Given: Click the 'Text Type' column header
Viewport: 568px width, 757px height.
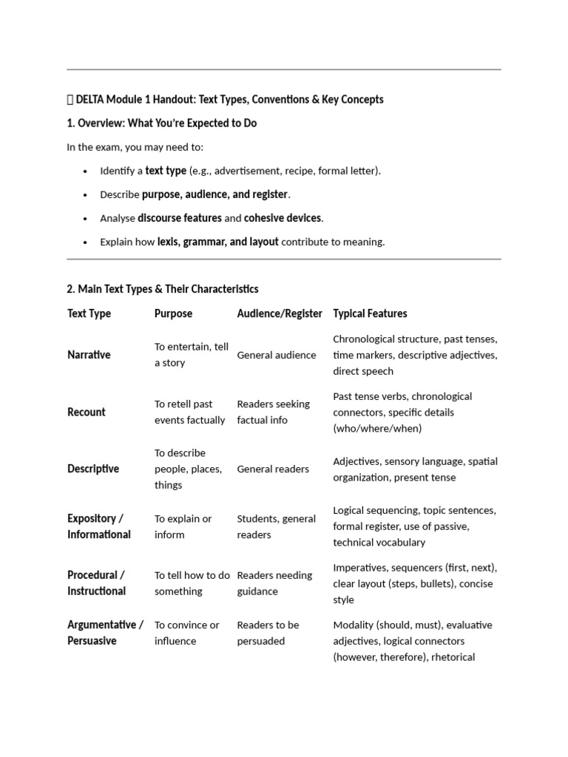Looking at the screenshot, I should tap(89, 313).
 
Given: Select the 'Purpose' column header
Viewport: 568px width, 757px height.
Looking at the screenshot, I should tap(173, 313).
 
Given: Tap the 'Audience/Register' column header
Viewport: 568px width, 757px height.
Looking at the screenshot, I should tap(280, 313).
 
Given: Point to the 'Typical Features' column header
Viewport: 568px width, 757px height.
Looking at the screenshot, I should tap(370, 313).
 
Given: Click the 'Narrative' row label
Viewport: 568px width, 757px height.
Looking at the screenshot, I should tap(89, 355).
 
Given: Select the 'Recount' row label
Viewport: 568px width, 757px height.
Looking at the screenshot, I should tap(87, 412).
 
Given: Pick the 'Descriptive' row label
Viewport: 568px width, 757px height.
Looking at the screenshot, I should tap(93, 469).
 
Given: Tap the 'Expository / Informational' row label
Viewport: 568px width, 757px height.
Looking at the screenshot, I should tap(99, 526).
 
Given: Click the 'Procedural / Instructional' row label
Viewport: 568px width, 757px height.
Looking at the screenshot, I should tap(97, 583).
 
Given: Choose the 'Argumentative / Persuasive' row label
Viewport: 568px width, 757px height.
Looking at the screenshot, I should tap(105, 633).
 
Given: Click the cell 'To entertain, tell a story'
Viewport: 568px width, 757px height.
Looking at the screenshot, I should tap(192, 355).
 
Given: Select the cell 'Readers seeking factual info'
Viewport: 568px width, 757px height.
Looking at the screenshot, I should tap(273, 412).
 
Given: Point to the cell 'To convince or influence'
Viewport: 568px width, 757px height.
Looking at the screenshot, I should tap(186, 633).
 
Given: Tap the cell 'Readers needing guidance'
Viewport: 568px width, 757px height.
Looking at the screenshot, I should tap(274, 583).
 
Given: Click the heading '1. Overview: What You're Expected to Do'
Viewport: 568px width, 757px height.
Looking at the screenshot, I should tap(162, 123).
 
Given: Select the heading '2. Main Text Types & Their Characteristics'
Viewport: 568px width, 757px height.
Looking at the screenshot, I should tap(163, 289).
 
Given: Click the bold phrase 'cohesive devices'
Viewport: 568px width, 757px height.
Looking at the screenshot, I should tap(283, 218).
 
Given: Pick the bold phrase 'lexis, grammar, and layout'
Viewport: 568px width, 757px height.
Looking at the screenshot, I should tap(218, 242).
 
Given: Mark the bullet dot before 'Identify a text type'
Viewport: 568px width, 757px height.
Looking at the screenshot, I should tap(87, 172).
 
